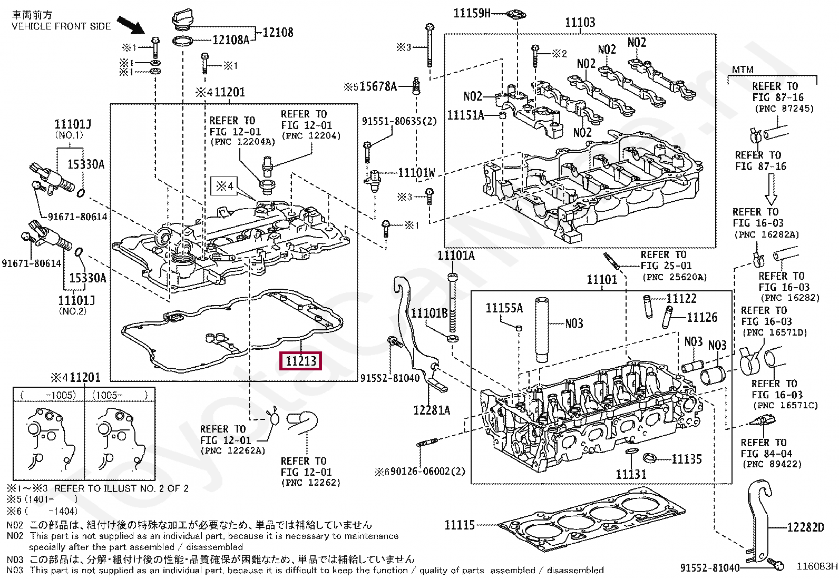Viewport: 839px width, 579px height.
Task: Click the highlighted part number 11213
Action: pyautogui.click(x=301, y=361)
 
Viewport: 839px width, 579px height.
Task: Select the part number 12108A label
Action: pyautogui.click(x=231, y=40)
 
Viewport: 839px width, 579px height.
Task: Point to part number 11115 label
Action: pyautogui.click(x=460, y=525)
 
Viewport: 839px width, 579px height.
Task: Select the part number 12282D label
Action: pyautogui.click(x=805, y=527)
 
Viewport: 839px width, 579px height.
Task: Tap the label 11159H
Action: pyautogui.click(x=472, y=13)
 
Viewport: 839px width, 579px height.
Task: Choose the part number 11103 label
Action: pyautogui.click(x=580, y=23)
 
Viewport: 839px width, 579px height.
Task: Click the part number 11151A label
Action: pyautogui.click(x=465, y=115)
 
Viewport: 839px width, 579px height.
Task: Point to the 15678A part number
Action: pyautogui.click(x=378, y=86)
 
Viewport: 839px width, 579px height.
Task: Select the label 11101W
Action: pyautogui.click(x=416, y=173)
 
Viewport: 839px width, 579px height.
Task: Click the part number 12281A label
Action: pyautogui.click(x=432, y=410)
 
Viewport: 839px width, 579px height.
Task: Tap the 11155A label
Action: pyautogui.click(x=504, y=308)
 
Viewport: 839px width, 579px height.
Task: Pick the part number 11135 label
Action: pyautogui.click(x=687, y=459)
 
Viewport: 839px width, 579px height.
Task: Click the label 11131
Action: pyautogui.click(x=631, y=475)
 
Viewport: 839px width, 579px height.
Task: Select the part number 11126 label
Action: pyautogui.click(x=702, y=318)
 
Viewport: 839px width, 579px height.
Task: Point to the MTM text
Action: pyautogui.click(x=743, y=70)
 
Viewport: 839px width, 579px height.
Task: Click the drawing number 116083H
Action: pyautogui.click(x=817, y=566)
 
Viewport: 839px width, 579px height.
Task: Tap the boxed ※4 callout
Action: pyautogui.click(x=225, y=186)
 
